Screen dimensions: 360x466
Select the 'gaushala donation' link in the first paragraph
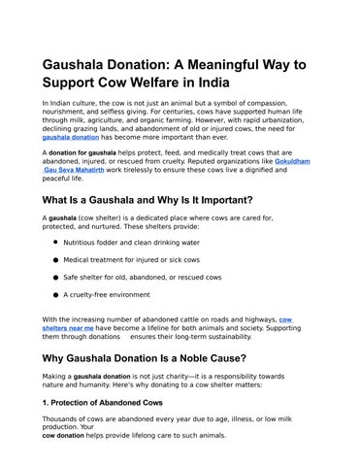tap(77, 138)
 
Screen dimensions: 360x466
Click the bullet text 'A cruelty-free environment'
tap(107, 295)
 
